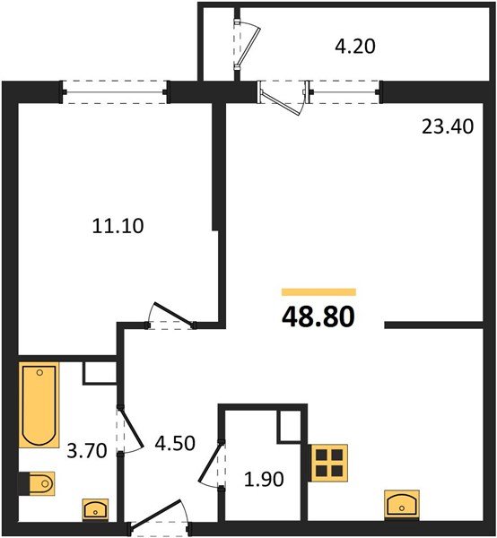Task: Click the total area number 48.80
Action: (318, 317)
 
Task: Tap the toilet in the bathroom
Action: (39, 485)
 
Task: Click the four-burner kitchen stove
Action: (327, 464)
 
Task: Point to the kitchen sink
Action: (400, 504)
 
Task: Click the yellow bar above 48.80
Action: (318, 292)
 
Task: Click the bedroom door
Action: (170, 316)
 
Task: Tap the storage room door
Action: (212, 465)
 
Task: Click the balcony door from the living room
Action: (283, 96)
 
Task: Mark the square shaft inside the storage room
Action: (292, 427)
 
